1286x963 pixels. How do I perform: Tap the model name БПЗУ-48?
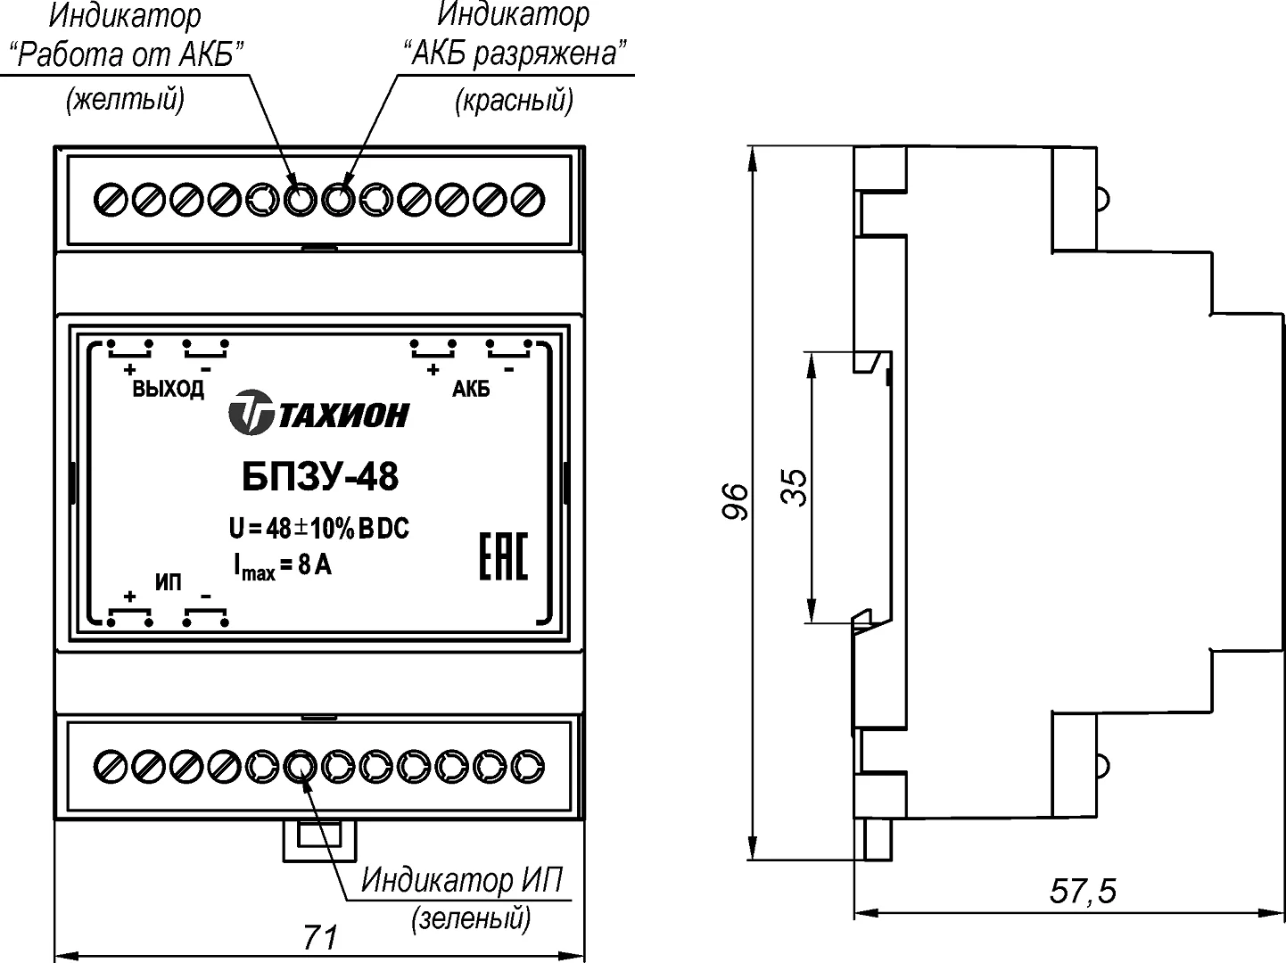click(x=320, y=477)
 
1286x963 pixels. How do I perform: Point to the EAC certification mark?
click(x=505, y=556)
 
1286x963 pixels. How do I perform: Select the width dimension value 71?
click(x=321, y=937)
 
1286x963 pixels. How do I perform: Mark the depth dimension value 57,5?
click(x=1083, y=890)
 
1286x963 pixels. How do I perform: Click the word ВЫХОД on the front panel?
click(x=168, y=390)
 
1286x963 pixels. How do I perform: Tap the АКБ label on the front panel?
click(x=471, y=390)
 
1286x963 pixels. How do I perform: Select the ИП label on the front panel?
click(x=168, y=583)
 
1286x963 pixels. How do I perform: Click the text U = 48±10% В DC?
click(x=318, y=529)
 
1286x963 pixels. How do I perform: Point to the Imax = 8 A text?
click(x=283, y=565)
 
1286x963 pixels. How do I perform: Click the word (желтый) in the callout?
click(x=125, y=99)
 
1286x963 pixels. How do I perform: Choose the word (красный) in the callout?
click(x=514, y=100)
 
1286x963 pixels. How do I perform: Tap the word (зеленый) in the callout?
click(x=471, y=918)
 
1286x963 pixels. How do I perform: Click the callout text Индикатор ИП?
click(x=462, y=880)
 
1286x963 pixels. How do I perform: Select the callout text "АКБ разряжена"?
click(x=514, y=55)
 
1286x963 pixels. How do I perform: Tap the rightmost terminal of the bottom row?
click(x=530, y=765)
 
